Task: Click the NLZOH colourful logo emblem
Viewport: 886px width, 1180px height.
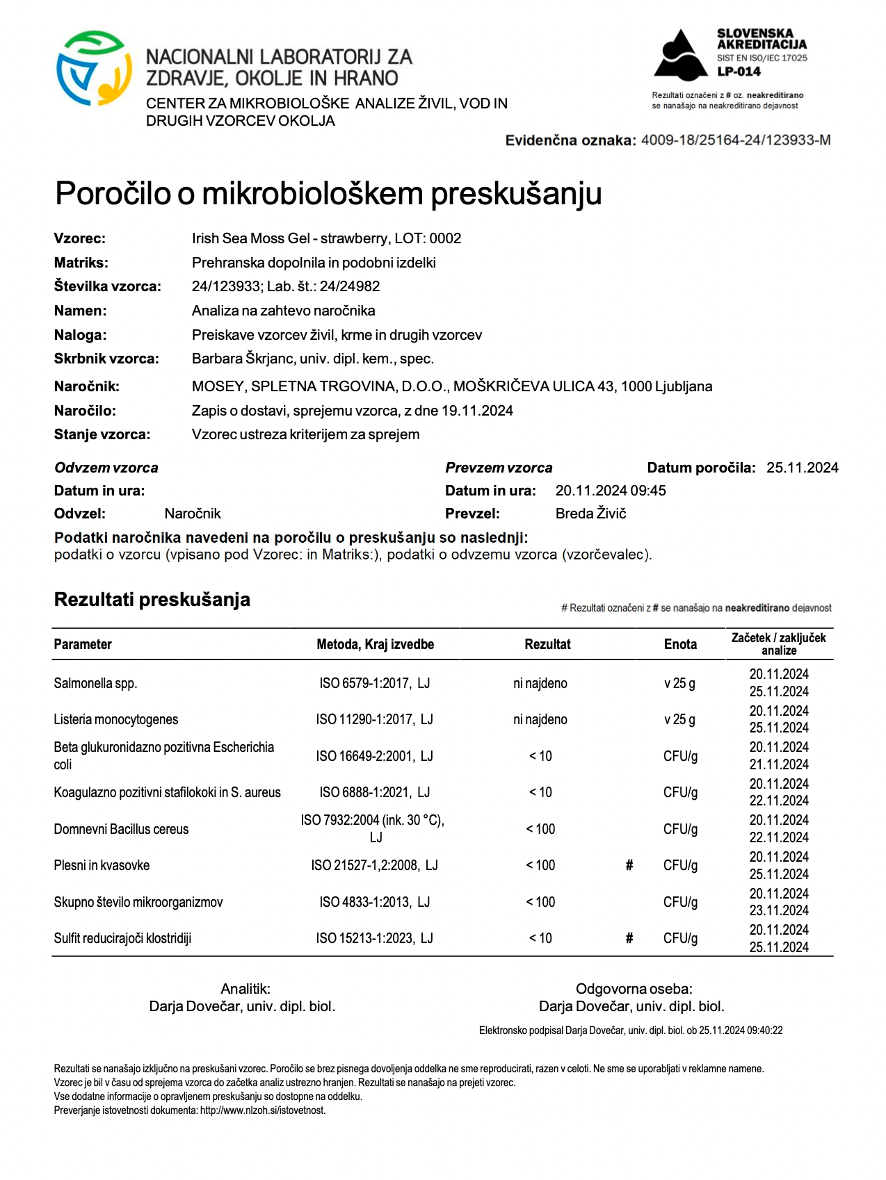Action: tap(93, 68)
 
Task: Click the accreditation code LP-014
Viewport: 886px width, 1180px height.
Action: tap(739, 72)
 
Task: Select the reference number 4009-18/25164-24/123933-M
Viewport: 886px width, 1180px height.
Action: tap(735, 140)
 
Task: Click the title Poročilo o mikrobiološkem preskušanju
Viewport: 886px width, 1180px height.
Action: tap(328, 194)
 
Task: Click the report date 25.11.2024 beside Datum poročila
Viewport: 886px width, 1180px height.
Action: tap(802, 468)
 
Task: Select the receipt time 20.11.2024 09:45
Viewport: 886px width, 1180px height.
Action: tap(610, 491)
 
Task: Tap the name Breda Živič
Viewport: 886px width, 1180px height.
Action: tap(590, 514)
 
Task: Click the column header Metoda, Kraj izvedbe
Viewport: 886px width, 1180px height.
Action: tap(375, 644)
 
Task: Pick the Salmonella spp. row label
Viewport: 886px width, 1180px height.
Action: tap(95, 683)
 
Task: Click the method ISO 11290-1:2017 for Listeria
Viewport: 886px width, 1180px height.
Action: tap(374, 719)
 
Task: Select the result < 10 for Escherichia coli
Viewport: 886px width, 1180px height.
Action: tap(540, 756)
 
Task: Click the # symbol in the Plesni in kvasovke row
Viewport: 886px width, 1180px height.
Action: tap(629, 865)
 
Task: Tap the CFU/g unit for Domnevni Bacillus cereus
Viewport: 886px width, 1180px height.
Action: tap(679, 829)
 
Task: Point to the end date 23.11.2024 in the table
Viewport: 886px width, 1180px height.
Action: tap(778, 910)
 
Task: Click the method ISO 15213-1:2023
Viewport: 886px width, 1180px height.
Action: tap(374, 938)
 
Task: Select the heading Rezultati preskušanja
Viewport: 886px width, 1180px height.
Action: tap(152, 600)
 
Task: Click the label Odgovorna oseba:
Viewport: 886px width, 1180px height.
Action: tap(634, 989)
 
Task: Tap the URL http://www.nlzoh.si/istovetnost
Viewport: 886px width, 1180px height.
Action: tap(262, 1111)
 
